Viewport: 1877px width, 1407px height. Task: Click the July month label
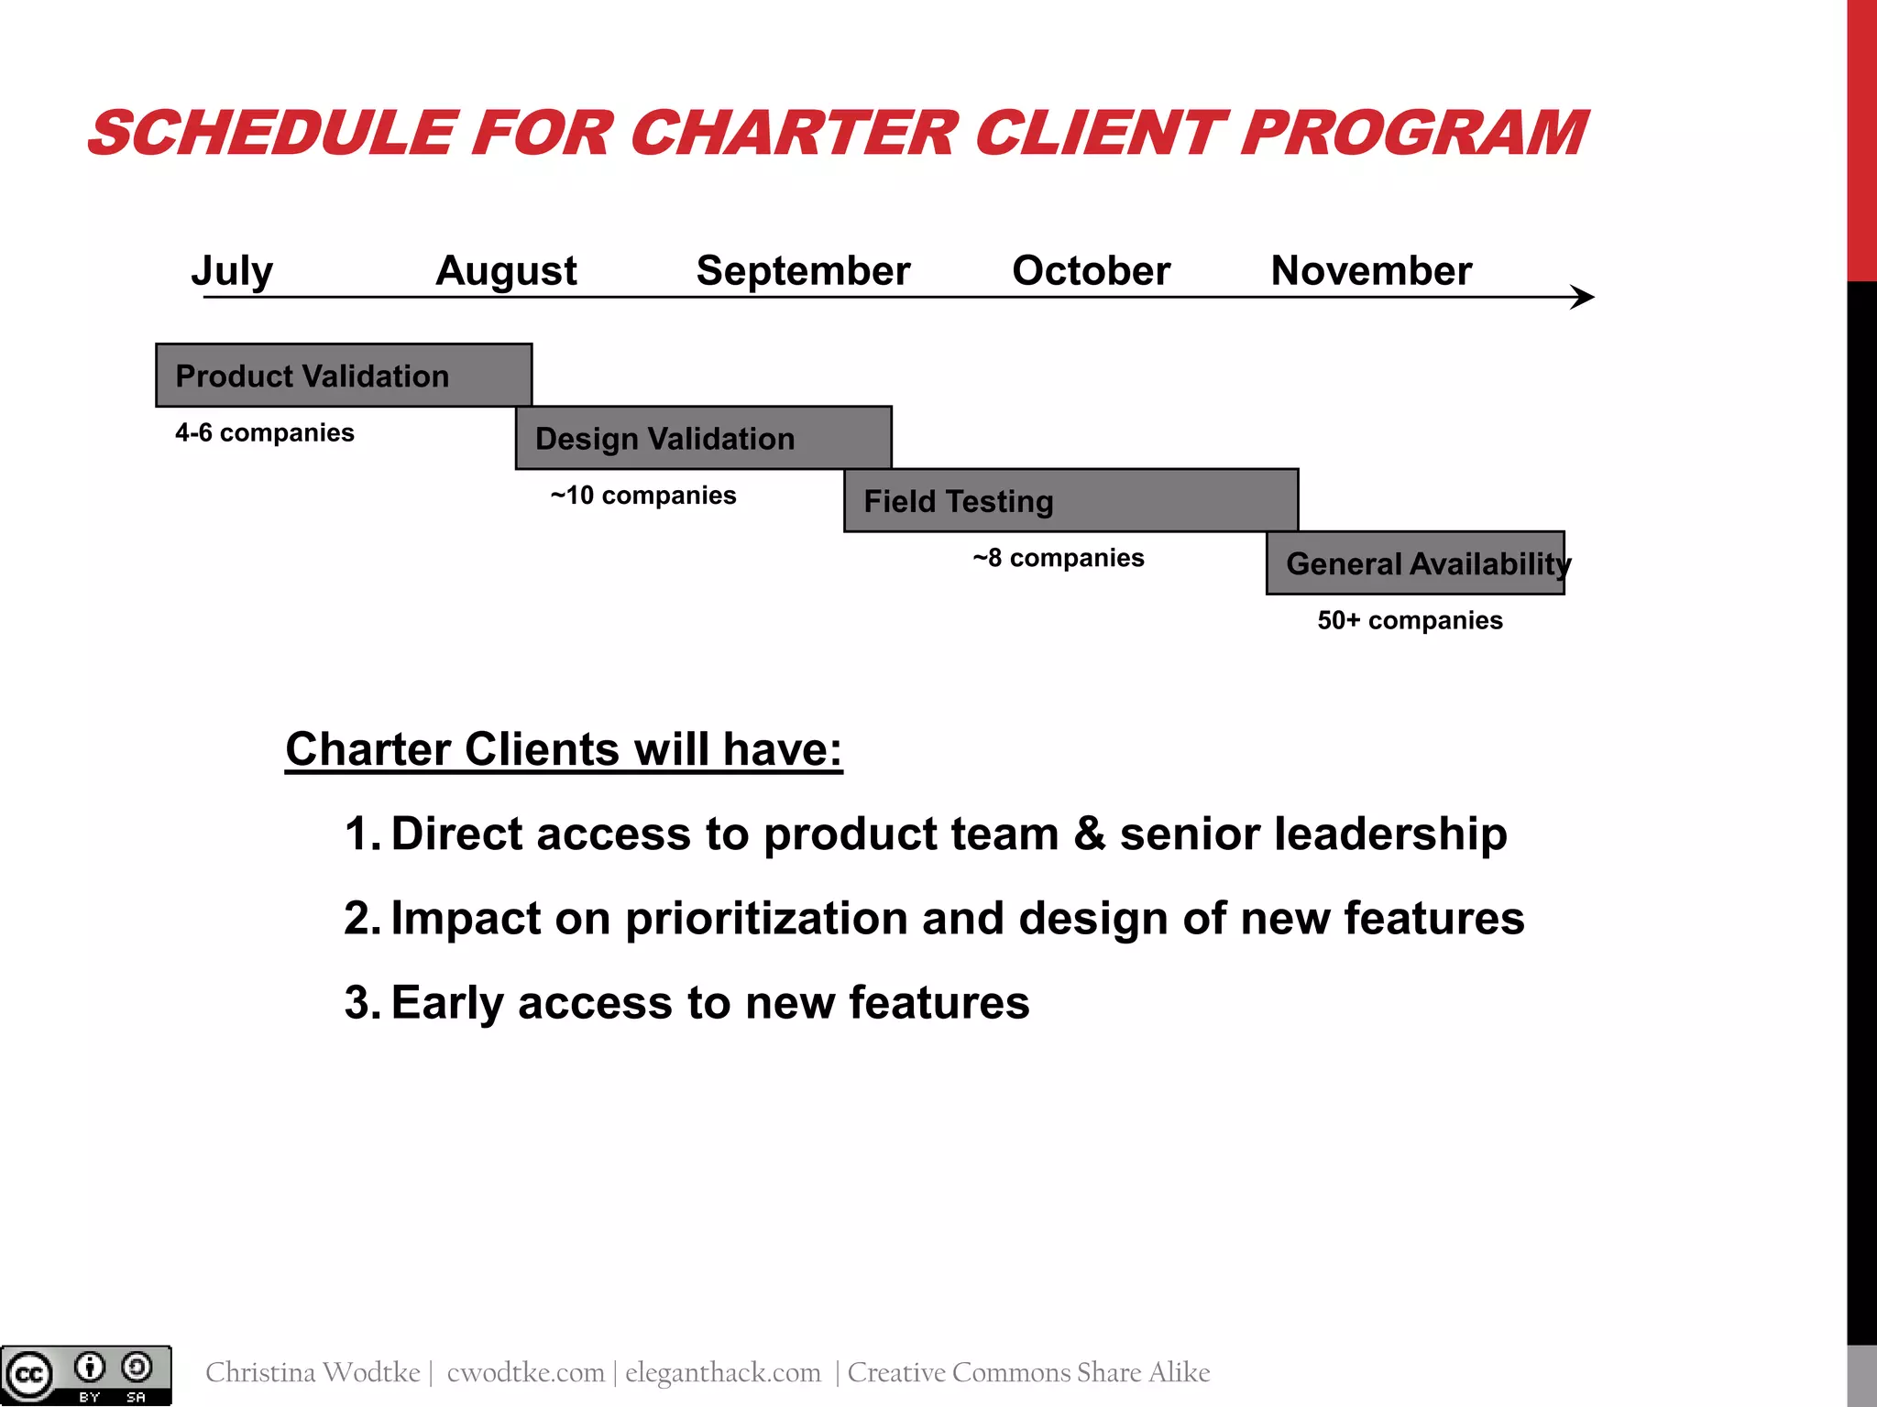coord(232,271)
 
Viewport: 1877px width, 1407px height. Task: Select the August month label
coord(506,271)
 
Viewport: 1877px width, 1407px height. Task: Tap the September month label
coord(803,271)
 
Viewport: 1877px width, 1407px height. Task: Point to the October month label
coord(1091,271)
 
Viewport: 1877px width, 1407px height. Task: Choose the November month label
coord(1371,271)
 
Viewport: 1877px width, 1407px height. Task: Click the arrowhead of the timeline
coord(1584,297)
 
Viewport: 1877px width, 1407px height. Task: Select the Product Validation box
coord(344,376)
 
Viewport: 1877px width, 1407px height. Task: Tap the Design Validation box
coord(703,438)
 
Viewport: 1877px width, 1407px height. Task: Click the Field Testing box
coord(1070,501)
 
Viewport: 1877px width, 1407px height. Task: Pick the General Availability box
coord(1415,563)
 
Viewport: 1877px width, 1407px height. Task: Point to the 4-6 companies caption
coord(264,432)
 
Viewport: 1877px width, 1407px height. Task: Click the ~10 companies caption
coord(642,496)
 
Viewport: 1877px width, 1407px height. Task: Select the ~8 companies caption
coord(1058,558)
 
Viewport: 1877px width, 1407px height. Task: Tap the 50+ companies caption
coord(1410,620)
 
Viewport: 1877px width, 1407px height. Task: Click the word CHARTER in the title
coord(795,134)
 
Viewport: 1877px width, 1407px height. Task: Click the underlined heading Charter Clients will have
coord(563,749)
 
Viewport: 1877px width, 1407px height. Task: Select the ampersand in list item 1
coord(1089,834)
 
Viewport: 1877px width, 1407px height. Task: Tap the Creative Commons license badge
coord(86,1375)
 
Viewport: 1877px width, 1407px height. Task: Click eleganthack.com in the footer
coord(722,1372)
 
